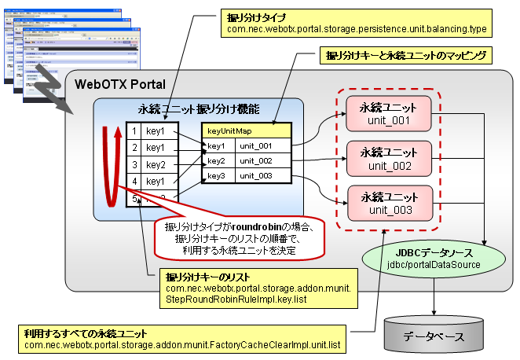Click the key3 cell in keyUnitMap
coord(218,175)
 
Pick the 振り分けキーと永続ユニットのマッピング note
coord(405,56)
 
